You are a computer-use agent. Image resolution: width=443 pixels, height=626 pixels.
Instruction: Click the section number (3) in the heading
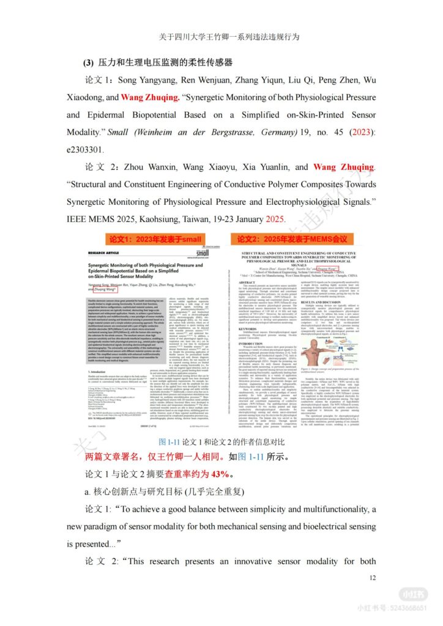91,63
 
